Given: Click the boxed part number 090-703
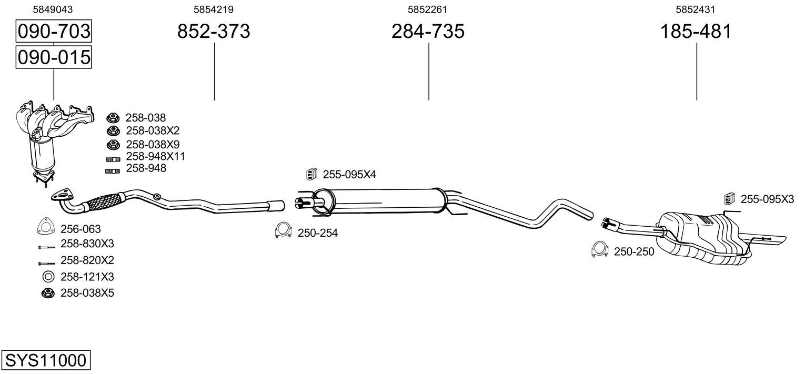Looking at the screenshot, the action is (54, 31).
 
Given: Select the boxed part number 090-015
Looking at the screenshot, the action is (54, 57).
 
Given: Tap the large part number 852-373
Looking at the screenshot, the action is (214, 31).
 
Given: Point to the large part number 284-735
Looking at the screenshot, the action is (428, 31).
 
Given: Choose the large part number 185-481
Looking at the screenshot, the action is (696, 31).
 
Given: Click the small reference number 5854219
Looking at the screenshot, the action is (214, 9).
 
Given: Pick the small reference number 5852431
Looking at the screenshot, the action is (696, 9).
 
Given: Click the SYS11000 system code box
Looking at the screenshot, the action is (46, 360).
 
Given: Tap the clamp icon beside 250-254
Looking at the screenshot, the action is (283, 230).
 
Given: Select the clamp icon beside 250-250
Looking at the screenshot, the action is (599, 249).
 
